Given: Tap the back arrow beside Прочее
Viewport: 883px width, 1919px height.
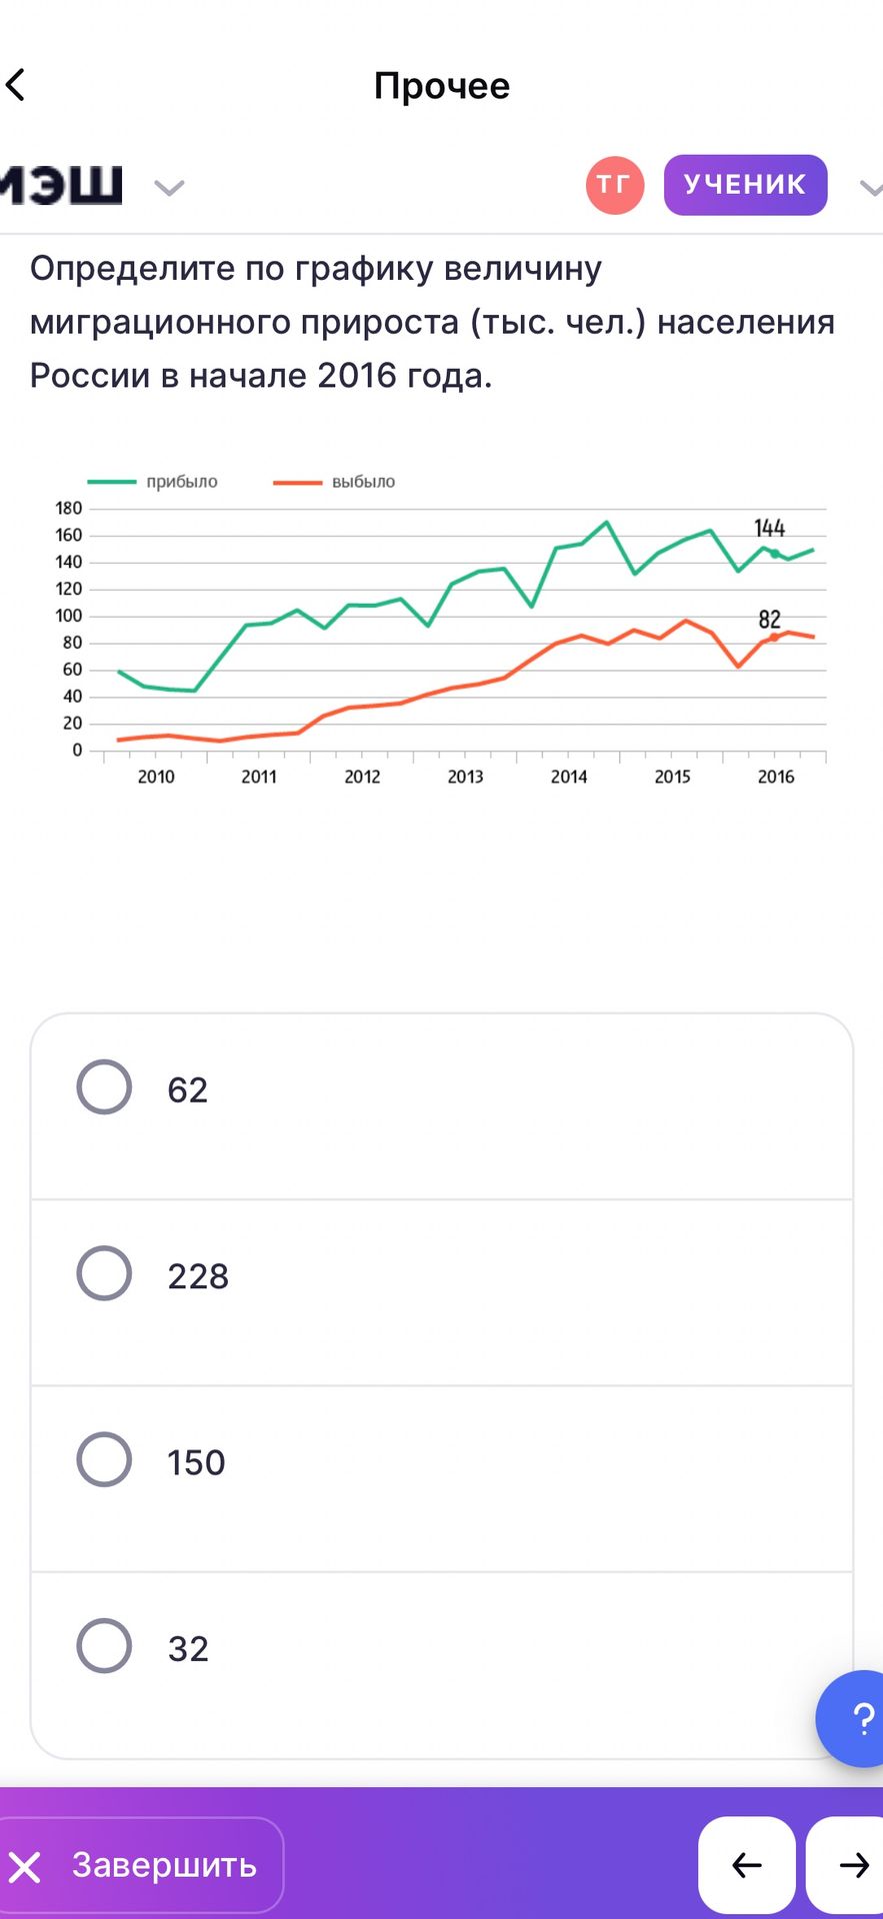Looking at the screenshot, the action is coord(15,85).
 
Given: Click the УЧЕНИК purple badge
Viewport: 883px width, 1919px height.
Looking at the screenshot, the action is coord(745,185).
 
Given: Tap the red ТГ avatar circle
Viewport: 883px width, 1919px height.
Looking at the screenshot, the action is coord(614,185).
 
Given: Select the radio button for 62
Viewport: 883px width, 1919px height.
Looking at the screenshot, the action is coord(104,1086).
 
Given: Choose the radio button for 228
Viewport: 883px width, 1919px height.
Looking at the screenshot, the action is coord(104,1273).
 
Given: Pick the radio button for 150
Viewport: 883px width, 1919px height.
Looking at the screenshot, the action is coord(104,1459).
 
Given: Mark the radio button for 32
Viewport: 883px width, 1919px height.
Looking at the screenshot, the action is coord(104,1646).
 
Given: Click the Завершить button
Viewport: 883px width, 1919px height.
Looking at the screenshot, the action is coord(140,1865).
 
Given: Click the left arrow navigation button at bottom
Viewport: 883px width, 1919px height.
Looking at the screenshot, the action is coord(746,1865).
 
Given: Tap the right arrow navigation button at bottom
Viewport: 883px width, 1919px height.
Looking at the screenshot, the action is coord(848,1865).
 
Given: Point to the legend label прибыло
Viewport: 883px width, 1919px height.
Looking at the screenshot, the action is coord(182,482).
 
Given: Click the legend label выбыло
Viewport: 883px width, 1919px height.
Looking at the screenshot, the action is coord(363,482).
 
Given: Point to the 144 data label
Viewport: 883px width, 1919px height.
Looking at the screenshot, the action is coord(769,528).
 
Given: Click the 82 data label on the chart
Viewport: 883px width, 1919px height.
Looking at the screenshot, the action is coord(769,620).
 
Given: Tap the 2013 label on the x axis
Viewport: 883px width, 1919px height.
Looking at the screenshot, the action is coord(466,777).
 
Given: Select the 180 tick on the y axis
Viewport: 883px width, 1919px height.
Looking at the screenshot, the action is coord(69,509).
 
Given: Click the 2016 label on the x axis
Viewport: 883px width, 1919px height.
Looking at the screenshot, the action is coord(776,777).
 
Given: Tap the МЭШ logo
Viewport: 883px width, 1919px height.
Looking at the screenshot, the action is coord(61,185).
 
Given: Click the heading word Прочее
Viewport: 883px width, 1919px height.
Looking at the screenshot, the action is coord(442,86).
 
